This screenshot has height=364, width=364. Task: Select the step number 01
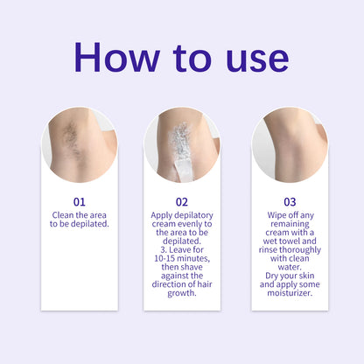[x=79, y=200]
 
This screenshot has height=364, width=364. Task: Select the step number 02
[x=182, y=200]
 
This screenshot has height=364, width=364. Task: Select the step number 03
[x=289, y=200]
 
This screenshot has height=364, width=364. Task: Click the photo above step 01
[x=79, y=144]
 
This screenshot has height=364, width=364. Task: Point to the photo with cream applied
[x=182, y=144]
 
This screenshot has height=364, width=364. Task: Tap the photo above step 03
[x=289, y=144]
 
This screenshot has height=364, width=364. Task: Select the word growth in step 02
[x=182, y=294]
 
